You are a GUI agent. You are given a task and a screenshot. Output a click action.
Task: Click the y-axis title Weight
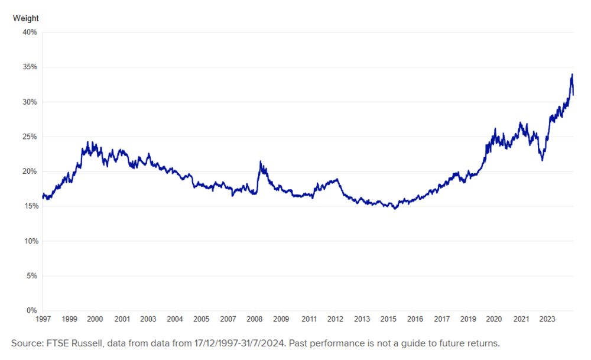point(25,18)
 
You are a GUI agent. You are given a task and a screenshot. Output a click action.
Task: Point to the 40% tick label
point(30,32)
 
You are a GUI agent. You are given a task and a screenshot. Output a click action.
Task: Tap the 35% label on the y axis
point(30,67)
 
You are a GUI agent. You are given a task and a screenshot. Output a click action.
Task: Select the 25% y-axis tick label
point(30,137)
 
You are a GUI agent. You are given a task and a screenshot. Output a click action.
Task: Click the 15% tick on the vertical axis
point(30,206)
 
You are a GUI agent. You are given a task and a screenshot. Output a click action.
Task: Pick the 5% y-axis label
point(31,276)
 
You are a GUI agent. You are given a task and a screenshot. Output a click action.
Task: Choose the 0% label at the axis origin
point(33,310)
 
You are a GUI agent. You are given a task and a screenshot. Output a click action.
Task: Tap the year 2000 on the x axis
point(95,319)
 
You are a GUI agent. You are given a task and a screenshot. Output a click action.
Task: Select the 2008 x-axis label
point(255,319)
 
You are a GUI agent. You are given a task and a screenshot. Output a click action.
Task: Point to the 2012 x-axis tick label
point(335,319)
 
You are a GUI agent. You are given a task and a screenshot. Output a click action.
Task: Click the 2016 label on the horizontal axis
point(415,319)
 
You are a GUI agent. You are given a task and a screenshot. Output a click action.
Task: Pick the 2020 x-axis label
point(494,319)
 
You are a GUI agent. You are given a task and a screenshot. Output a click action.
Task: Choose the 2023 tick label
point(547,319)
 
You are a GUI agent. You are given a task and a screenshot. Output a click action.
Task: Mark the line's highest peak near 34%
point(572,74)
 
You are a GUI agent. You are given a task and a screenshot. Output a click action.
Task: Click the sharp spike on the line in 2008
point(261,161)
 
